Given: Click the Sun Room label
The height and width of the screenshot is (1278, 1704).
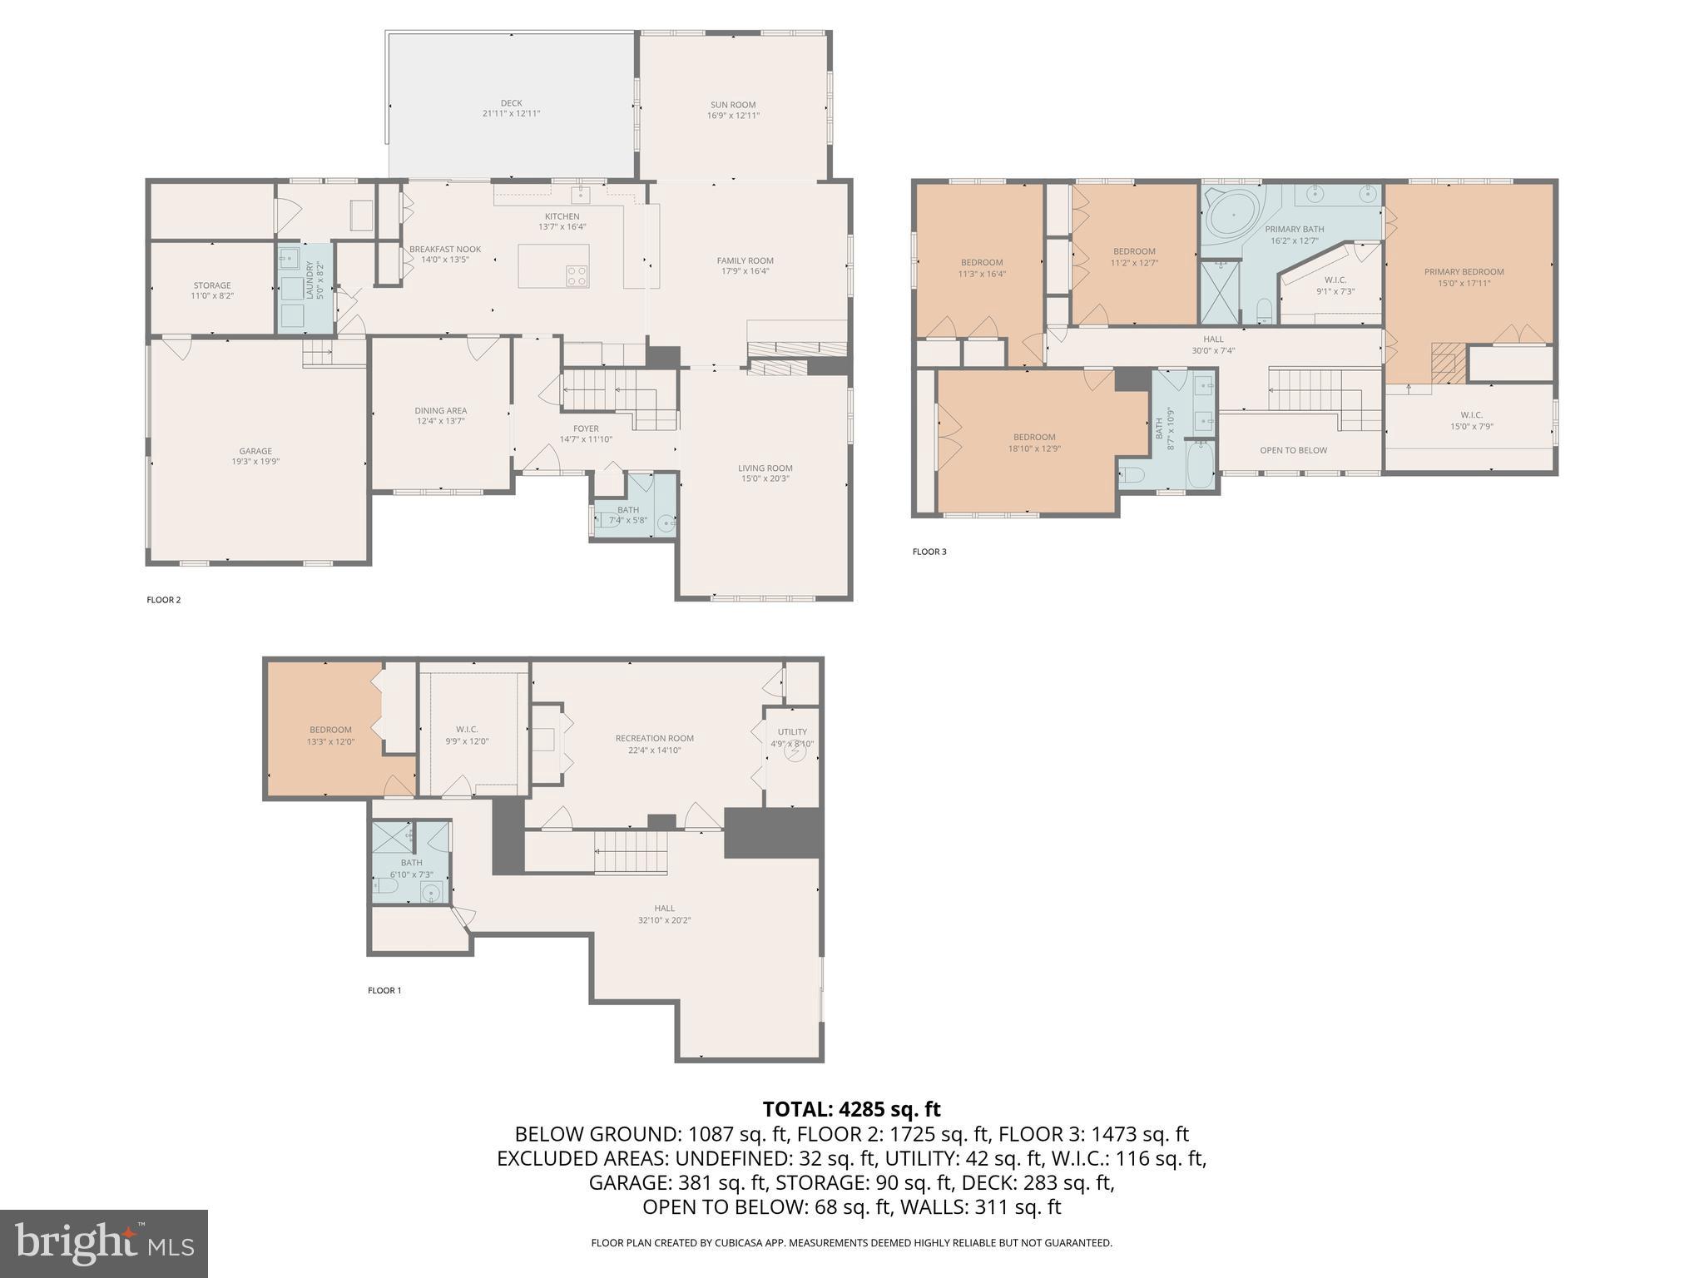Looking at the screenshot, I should click(x=733, y=105).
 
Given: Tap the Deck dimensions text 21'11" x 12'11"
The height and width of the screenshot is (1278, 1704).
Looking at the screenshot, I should click(x=511, y=114).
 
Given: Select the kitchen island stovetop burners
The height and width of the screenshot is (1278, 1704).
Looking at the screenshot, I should click(x=577, y=276).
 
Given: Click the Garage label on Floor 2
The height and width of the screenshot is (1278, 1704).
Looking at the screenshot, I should click(x=255, y=451).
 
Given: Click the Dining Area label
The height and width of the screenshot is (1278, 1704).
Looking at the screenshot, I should click(x=441, y=410).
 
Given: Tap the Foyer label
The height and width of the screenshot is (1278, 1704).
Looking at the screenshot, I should click(x=586, y=428).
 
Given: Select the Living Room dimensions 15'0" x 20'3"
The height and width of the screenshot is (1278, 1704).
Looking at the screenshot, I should click(x=765, y=478).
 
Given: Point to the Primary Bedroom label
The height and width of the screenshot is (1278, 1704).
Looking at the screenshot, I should click(x=1464, y=271).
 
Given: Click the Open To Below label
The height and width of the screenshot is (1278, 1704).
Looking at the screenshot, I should click(x=1293, y=450).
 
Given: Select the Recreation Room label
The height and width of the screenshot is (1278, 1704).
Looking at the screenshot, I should click(x=654, y=738).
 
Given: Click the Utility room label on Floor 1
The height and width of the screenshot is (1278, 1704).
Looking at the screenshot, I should click(x=792, y=732).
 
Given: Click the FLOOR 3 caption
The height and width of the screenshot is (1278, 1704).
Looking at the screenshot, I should click(x=929, y=552).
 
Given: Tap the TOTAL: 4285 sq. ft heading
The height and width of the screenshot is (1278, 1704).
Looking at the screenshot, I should click(x=851, y=1109).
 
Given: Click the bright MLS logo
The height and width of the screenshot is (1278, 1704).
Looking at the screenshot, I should click(x=103, y=1243).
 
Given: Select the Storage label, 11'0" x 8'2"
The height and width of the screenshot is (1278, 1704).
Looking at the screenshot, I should click(x=212, y=285).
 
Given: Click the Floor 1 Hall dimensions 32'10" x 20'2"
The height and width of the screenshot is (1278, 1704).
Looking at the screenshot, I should click(x=664, y=920).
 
